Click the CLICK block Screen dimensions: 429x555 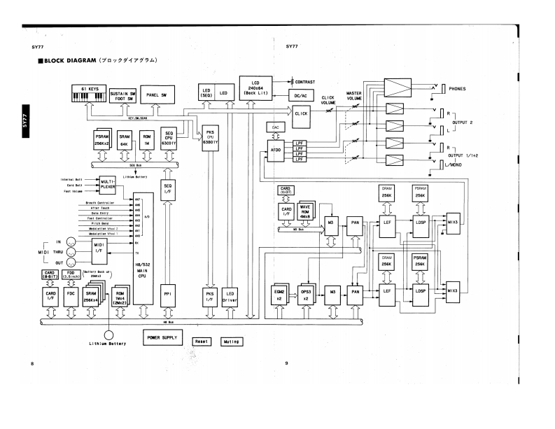pyautogui.click(x=302, y=114)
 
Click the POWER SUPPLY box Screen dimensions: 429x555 pyautogui.click(x=162, y=337)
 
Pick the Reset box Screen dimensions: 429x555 pyautogui.click(x=203, y=342)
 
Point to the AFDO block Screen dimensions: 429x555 pyautogui.click(x=275, y=150)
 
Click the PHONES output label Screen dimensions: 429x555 pyautogui.click(x=457, y=89)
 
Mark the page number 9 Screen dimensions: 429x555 pyautogui.click(x=287, y=363)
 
